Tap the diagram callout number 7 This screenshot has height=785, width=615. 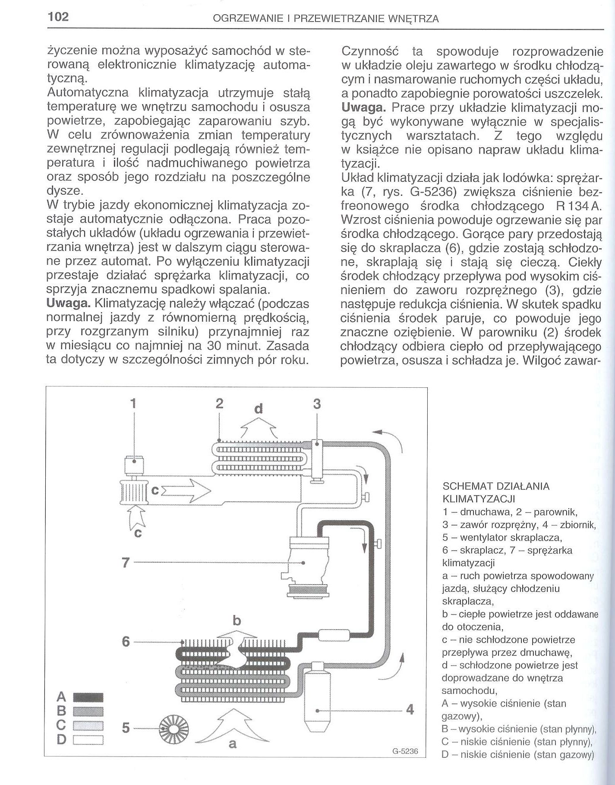[126, 563]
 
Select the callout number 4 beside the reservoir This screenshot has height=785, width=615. [410, 710]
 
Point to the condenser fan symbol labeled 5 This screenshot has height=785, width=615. [175, 728]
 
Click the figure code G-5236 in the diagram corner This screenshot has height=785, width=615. [405, 751]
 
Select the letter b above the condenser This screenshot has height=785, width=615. [236, 621]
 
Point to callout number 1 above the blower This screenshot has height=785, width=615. [133, 404]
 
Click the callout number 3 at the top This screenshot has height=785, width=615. [317, 404]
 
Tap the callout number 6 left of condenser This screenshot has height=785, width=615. [126, 642]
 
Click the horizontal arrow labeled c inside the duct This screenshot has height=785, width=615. [186, 491]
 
